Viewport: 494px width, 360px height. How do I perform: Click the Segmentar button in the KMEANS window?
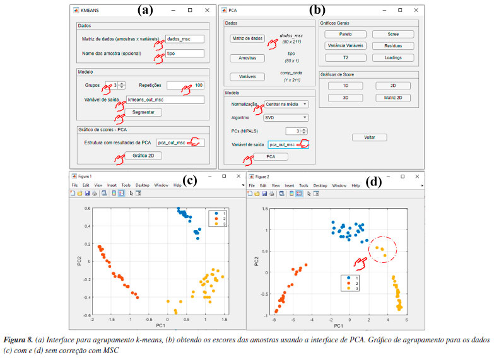coord(143,112)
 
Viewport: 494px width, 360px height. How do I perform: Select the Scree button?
coord(393,34)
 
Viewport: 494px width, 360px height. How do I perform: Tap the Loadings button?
coord(393,57)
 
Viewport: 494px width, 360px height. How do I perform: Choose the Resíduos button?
coord(393,46)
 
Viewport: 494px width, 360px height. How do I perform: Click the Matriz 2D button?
coord(393,98)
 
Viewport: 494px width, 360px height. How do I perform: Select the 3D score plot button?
coord(345,98)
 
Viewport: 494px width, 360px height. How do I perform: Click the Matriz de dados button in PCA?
coord(247,38)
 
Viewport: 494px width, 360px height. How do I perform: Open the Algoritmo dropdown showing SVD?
coord(286,117)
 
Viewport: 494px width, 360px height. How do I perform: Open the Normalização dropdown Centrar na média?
coord(286,104)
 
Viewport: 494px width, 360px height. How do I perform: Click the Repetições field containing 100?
coord(185,85)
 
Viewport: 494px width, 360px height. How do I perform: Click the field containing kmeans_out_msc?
coord(165,100)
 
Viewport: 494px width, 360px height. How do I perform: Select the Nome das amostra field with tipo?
coord(184,55)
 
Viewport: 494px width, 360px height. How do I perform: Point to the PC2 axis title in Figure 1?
coord(78,260)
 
